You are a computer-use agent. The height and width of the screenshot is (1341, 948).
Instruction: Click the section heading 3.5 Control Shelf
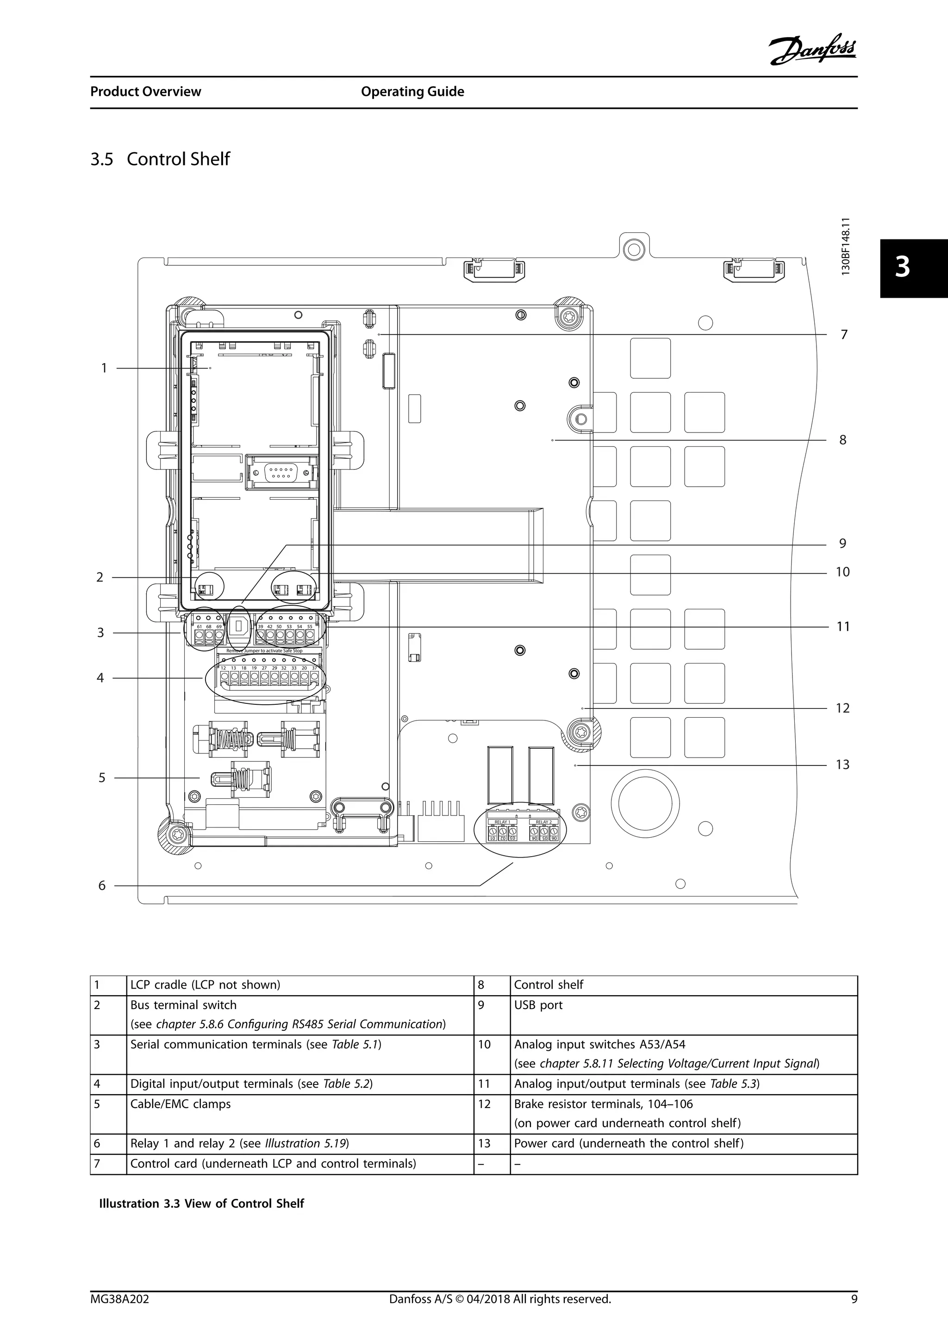click(x=160, y=159)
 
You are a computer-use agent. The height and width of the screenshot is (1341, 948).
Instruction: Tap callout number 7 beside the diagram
click(x=843, y=335)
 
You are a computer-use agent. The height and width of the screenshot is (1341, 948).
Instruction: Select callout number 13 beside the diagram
click(x=842, y=764)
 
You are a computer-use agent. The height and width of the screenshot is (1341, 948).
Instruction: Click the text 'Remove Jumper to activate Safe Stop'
click(x=264, y=650)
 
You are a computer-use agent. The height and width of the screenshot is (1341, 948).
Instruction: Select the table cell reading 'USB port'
click(x=538, y=1005)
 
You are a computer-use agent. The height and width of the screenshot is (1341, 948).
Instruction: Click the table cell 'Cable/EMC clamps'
click(x=181, y=1104)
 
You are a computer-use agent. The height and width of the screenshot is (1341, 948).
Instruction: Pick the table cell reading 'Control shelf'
click(x=548, y=985)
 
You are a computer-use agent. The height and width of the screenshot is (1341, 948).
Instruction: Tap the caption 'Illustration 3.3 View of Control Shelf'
click(x=201, y=1203)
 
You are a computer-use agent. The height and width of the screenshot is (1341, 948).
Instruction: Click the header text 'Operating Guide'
click(x=412, y=92)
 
